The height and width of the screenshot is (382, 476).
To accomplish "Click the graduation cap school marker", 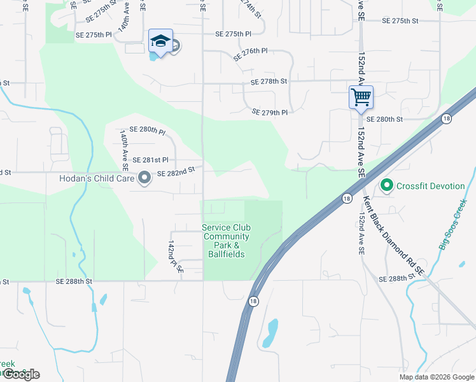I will point(160,42).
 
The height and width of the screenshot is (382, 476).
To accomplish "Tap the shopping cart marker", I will point(361,97).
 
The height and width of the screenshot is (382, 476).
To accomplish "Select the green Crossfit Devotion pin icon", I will point(386,186).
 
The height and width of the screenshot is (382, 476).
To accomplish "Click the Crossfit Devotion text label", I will point(430,186).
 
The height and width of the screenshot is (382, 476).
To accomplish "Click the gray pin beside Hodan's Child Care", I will point(144,178).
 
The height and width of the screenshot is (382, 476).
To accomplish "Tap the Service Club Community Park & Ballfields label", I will point(227,241).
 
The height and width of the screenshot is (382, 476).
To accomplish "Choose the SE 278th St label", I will point(269,81).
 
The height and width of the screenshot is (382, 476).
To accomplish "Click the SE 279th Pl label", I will point(270,112).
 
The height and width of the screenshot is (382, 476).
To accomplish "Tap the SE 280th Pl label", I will point(147,131).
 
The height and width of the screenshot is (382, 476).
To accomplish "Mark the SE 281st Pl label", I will point(150,160).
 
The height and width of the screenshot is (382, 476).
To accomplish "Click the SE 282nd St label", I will point(176,172).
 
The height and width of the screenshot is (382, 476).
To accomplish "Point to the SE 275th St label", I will point(400,21).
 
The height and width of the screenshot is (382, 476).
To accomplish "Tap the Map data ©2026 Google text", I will point(436,377).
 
